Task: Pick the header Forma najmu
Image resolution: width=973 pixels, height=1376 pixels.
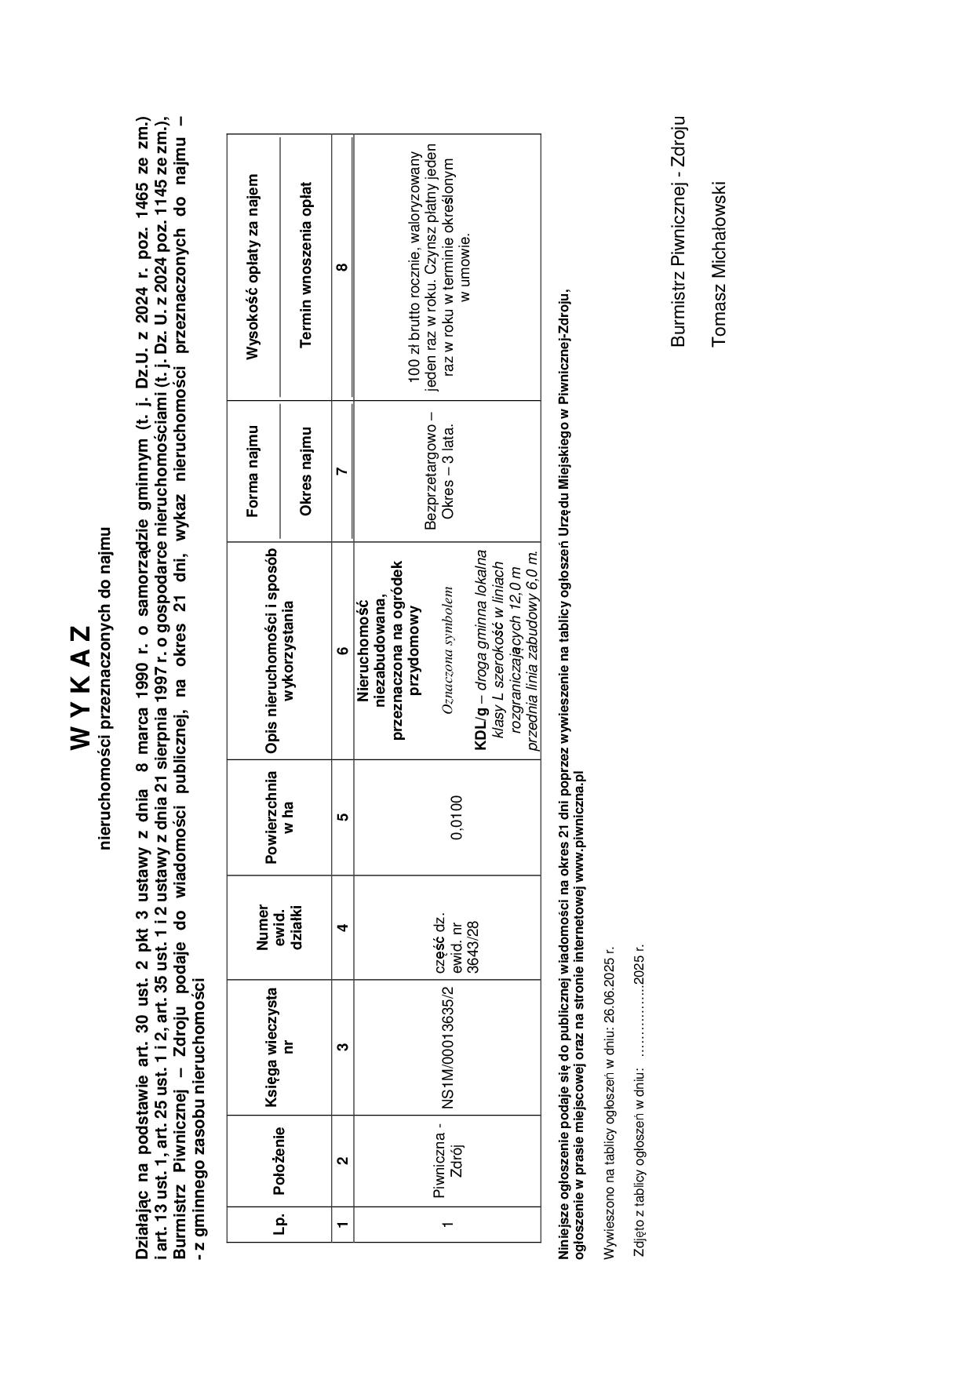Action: click(252, 471)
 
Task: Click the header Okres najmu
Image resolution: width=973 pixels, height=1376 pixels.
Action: click(306, 471)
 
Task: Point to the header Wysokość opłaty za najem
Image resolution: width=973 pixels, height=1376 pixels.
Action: click(252, 267)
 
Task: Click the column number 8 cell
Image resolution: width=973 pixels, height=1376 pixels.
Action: click(342, 267)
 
